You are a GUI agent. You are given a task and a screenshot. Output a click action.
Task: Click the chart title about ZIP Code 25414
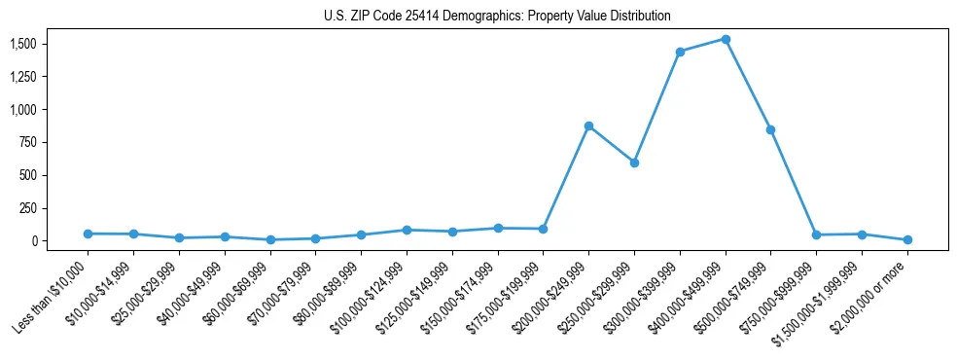click(x=497, y=17)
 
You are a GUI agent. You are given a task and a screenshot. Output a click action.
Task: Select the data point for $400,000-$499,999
click(x=726, y=39)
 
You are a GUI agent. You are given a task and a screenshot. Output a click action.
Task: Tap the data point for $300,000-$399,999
click(x=680, y=52)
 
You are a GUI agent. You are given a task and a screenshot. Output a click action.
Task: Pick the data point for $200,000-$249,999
click(x=588, y=126)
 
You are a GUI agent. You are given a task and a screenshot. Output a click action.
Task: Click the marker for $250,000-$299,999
click(x=634, y=162)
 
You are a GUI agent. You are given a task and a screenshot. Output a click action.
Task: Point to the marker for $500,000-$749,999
click(x=770, y=129)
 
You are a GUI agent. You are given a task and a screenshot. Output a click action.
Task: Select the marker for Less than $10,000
click(x=88, y=234)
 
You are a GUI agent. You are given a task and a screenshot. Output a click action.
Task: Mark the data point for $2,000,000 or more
click(x=907, y=239)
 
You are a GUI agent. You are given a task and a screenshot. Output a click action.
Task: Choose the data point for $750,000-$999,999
click(x=816, y=234)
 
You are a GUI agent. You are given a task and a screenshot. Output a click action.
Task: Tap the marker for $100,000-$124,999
click(x=407, y=230)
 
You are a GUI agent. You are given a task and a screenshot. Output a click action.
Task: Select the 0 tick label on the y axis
click(x=33, y=240)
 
